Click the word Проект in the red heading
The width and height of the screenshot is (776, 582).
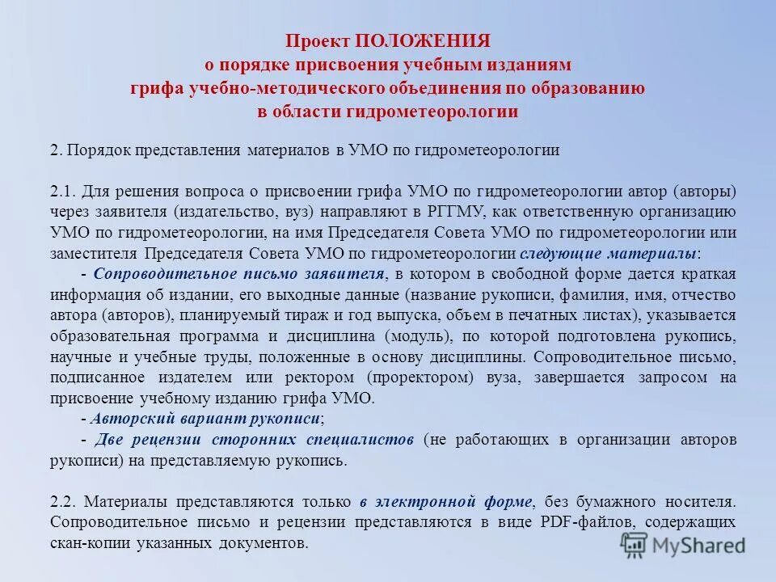pyautogui.click(x=318, y=42)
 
